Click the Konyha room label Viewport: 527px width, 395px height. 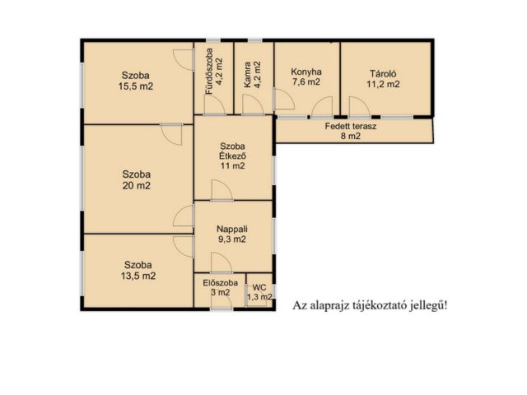point(306,72)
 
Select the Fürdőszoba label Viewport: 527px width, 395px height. point(209,72)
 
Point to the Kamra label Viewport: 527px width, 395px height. point(247,75)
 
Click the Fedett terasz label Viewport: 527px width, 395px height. point(351,126)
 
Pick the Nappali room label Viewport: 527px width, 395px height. point(232,229)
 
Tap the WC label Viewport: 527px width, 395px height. point(259,288)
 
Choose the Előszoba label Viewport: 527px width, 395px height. point(220,283)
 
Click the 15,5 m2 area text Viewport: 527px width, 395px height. point(136,86)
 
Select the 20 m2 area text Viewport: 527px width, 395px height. point(136,185)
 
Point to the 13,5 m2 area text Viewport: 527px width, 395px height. point(138,276)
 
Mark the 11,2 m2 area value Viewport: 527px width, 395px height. point(383,84)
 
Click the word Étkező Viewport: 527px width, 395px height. point(232,156)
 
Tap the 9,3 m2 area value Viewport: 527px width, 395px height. point(232,239)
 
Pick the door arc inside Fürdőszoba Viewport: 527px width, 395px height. point(214,105)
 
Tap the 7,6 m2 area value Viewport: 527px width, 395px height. point(305,81)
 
